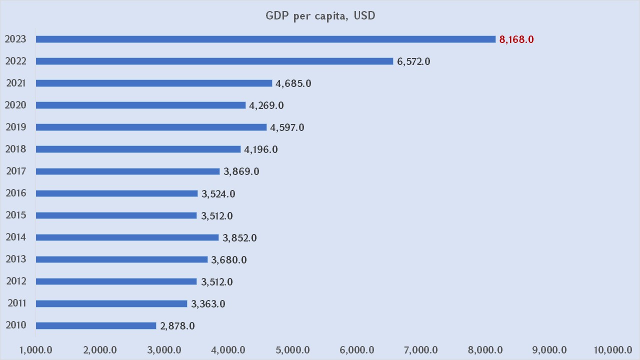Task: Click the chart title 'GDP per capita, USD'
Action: [320, 15]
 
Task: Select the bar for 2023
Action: [265, 39]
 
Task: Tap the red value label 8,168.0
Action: [516, 39]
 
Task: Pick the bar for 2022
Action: [214, 61]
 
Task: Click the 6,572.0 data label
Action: [413, 61]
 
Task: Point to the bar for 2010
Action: [96, 325]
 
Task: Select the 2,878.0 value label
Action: [177, 326]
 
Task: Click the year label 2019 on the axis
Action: [16, 127]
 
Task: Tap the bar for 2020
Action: [140, 105]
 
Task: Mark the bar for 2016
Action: [117, 193]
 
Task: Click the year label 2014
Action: [16, 237]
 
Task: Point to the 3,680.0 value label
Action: [229, 260]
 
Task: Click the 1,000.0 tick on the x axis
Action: [36, 349]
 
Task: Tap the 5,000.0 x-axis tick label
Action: [292, 349]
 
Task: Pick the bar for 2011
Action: [111, 303]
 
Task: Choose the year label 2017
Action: [16, 171]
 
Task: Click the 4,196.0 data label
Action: [261, 149]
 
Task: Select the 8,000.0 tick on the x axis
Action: [485, 349]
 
